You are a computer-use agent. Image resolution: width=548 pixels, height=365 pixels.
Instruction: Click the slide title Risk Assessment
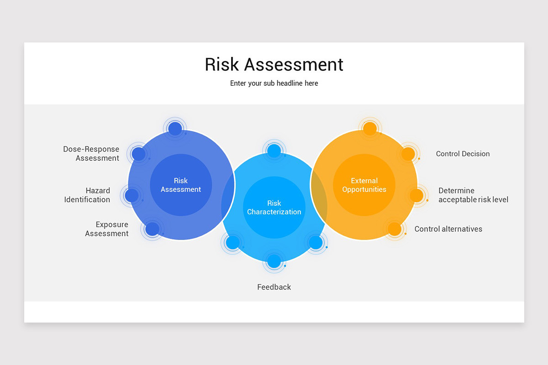point(274,64)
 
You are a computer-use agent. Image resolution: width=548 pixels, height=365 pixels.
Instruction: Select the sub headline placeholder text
point(274,83)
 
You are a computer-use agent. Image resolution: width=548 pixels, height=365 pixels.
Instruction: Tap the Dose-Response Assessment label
point(91,154)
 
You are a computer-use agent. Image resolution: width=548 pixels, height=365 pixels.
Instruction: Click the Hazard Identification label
point(87,195)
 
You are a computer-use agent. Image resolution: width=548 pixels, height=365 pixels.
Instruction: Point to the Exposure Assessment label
point(107,229)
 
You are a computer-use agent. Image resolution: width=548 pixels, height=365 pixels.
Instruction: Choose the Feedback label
point(274,287)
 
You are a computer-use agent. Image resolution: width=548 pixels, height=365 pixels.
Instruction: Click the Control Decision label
point(463,154)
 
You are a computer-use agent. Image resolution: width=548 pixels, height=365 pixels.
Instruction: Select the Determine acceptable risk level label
point(473,195)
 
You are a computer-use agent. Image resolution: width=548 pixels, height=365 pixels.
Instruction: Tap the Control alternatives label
point(448,229)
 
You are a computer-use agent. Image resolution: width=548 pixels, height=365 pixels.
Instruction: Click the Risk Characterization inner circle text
point(274,208)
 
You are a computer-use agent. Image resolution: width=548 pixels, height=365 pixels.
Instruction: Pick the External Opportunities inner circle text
point(364,185)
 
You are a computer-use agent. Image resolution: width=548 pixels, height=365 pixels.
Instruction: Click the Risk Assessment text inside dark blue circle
point(181,185)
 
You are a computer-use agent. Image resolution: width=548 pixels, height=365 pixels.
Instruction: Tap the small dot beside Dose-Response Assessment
point(139,154)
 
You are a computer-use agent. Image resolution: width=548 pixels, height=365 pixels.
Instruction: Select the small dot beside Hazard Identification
point(132,195)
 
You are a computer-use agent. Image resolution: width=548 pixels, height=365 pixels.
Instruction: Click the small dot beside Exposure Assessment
point(152,229)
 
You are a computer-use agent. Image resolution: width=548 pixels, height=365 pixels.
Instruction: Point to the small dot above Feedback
point(274,261)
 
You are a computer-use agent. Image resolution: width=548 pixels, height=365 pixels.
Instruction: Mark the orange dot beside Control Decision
point(408,154)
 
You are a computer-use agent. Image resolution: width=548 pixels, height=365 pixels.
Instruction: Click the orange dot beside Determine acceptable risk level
point(416,195)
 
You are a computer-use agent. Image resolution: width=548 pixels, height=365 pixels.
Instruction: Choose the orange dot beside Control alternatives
point(394,229)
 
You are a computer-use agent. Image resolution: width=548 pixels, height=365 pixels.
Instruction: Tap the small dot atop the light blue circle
point(274,151)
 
